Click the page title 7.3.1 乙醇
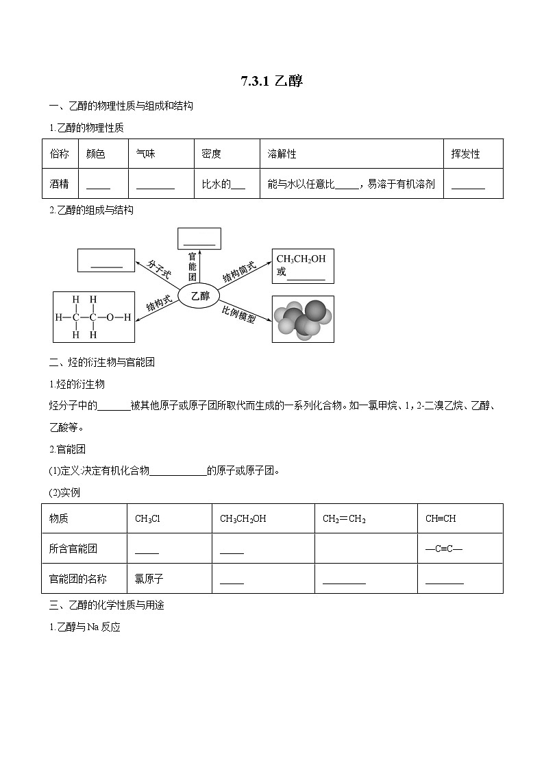click(x=271, y=82)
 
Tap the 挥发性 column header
click(x=466, y=154)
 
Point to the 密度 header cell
click(x=211, y=154)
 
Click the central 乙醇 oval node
click(x=199, y=296)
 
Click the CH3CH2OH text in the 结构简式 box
click(x=301, y=258)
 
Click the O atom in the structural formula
click(x=110, y=317)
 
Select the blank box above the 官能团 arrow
click(x=199, y=239)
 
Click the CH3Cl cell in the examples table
click(x=147, y=518)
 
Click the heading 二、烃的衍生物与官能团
click(x=102, y=362)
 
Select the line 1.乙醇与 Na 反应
click(x=85, y=627)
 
